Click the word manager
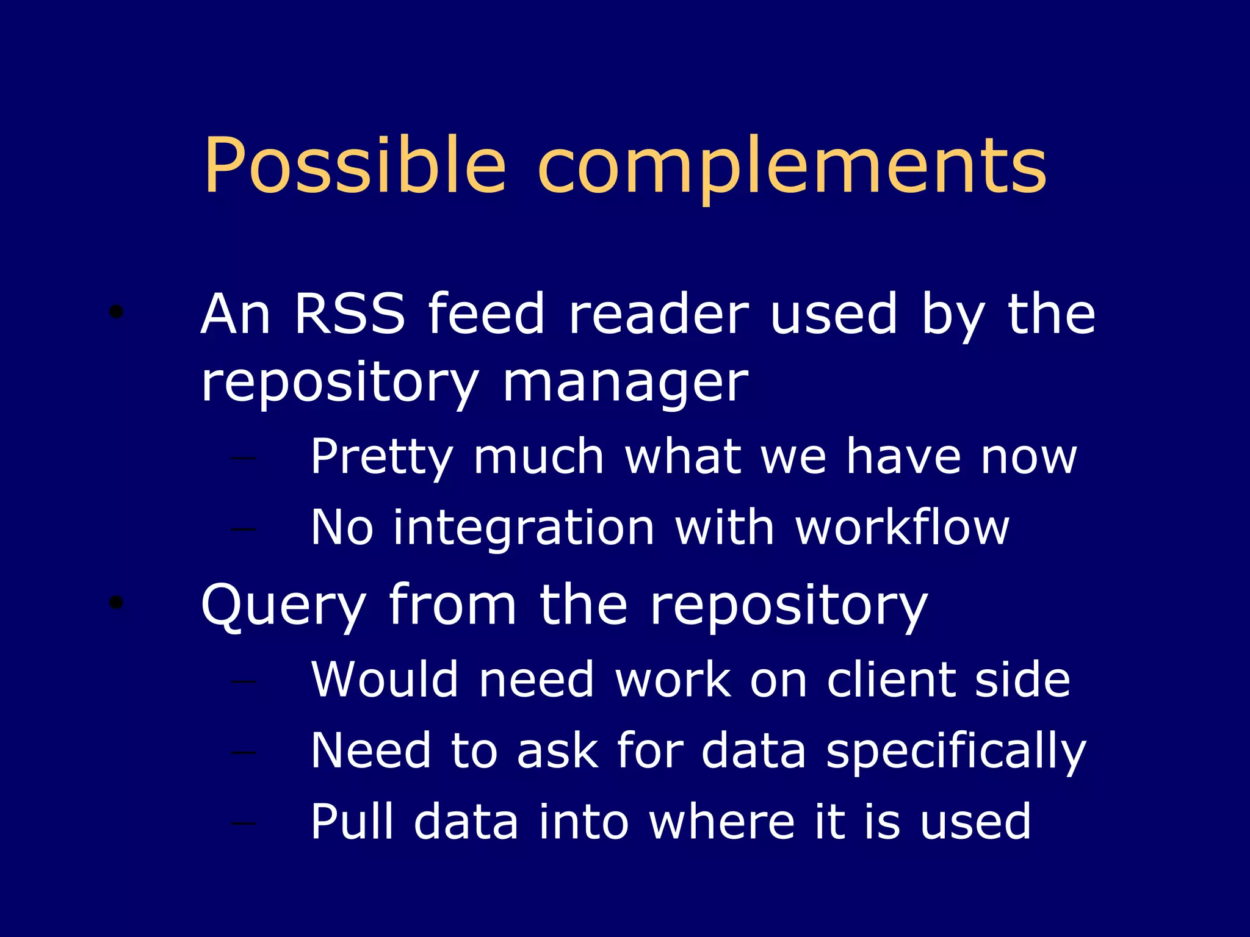click(625, 384)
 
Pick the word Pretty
click(381, 458)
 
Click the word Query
click(283, 606)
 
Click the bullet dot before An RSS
click(116, 312)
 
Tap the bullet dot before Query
click(116, 603)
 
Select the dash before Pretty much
click(244, 458)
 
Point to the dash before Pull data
click(244, 824)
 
